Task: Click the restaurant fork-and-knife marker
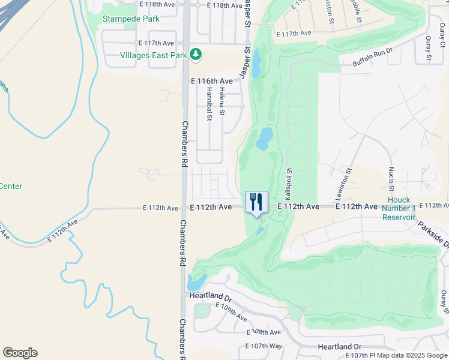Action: click(256, 202)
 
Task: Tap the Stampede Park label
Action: click(131, 19)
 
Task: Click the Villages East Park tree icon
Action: click(195, 55)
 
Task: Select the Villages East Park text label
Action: click(154, 55)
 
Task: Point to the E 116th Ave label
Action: click(211, 80)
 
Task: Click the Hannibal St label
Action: click(209, 104)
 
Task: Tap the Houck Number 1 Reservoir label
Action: click(399, 208)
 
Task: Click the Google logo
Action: click(20, 353)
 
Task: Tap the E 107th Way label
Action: click(264, 346)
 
